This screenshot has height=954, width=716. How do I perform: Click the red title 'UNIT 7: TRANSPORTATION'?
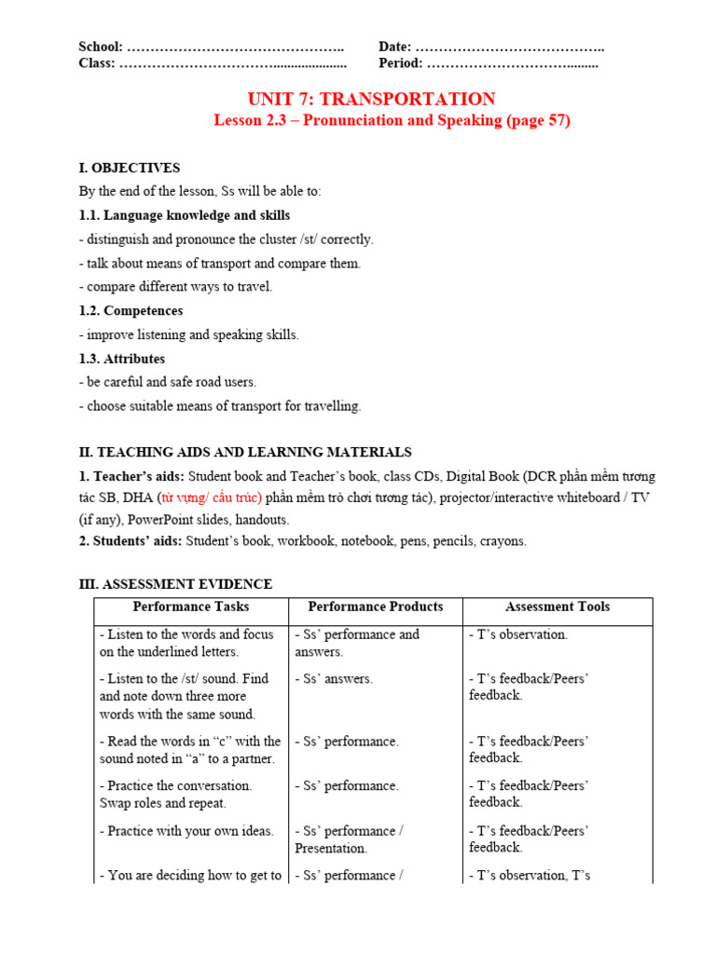click(x=371, y=99)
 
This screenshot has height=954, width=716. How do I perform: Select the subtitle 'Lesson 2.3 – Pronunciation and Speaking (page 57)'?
click(x=392, y=121)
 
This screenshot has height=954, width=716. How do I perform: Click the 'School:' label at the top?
click(x=101, y=47)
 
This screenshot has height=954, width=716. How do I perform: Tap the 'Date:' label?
click(x=394, y=47)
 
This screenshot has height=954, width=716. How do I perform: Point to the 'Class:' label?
click(x=97, y=63)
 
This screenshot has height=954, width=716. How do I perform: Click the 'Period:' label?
click(x=400, y=63)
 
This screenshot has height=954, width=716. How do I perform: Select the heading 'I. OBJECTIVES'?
click(x=130, y=168)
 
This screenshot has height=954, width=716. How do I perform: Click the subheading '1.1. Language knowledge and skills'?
click(x=184, y=215)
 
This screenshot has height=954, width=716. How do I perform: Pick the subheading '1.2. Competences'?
click(x=131, y=310)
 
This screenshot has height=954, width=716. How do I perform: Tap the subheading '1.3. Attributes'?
click(x=121, y=359)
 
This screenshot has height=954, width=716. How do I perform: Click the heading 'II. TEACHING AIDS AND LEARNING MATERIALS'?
click(x=244, y=452)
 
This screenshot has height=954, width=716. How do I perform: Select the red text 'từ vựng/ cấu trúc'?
click(x=211, y=497)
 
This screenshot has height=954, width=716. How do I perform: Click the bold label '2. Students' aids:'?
click(x=131, y=540)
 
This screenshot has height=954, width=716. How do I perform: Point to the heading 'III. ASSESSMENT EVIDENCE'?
click(x=175, y=584)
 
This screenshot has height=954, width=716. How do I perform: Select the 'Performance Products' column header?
click(x=376, y=606)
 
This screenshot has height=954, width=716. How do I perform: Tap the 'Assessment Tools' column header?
click(x=558, y=606)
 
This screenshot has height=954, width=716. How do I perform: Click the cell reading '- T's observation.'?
click(x=518, y=634)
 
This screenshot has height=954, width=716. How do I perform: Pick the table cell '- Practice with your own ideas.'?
click(x=186, y=831)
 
